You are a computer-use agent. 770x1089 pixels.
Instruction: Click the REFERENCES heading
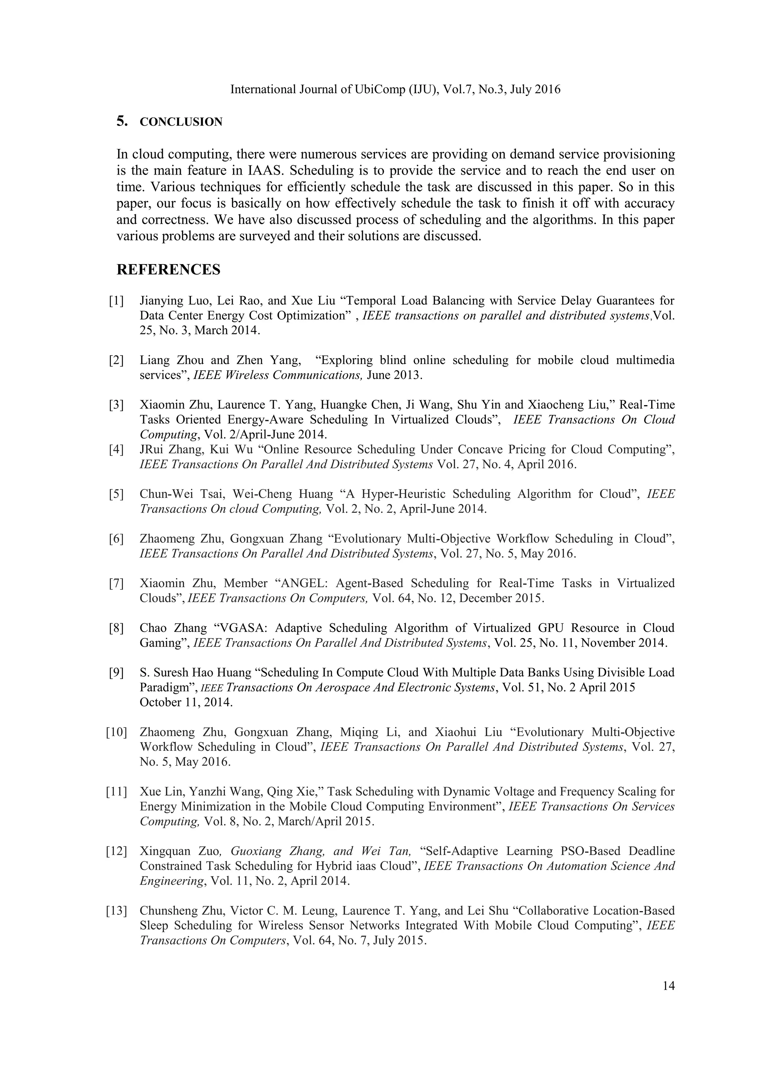(168, 269)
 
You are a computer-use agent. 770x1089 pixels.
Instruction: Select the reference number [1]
(116, 301)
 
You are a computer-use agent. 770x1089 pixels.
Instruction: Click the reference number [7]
(116, 583)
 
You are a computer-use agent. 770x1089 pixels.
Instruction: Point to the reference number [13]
(116, 911)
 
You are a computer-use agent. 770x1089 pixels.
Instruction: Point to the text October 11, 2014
(186, 702)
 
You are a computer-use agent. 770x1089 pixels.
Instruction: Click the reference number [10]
(116, 732)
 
